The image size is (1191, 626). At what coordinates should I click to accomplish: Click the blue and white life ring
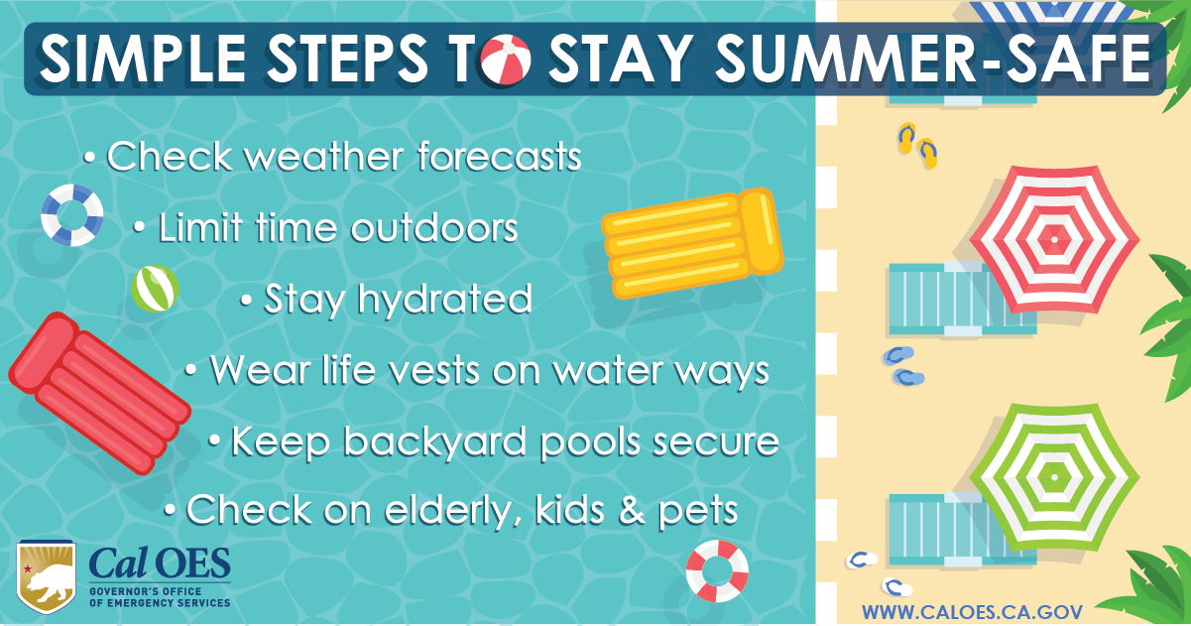click(72, 215)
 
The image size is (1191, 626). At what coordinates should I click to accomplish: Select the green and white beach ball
click(155, 289)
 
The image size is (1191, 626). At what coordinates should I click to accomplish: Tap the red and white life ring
click(717, 570)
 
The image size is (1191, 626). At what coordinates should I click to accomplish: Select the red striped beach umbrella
click(1053, 237)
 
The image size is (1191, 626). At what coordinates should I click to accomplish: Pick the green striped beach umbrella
click(1053, 477)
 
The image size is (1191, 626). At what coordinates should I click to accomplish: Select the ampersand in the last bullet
click(632, 511)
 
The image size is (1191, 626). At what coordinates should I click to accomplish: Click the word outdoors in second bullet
click(434, 228)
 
